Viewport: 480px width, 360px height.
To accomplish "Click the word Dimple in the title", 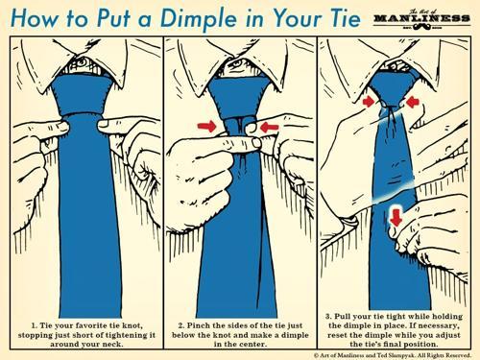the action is [199, 18].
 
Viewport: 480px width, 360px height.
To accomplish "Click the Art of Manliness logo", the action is [421, 18].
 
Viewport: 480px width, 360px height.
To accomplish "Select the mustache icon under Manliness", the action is [421, 28].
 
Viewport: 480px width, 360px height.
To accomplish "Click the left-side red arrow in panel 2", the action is [207, 127].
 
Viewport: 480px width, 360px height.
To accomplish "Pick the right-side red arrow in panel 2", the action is [269, 128].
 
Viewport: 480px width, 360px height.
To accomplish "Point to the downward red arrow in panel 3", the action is [396, 217].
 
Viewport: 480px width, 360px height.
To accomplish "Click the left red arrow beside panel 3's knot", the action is [369, 102].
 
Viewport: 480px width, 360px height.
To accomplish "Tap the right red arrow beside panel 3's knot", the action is [413, 102].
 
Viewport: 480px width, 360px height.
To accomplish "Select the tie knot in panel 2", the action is [238, 98].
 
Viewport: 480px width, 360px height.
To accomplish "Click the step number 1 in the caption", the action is [34, 325].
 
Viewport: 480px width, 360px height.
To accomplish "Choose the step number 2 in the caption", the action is [181, 325].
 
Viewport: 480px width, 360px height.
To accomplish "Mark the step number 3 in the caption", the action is [328, 317].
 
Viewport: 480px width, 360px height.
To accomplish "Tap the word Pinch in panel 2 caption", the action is [199, 325].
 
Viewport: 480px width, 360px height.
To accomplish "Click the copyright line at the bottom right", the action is [393, 355].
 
